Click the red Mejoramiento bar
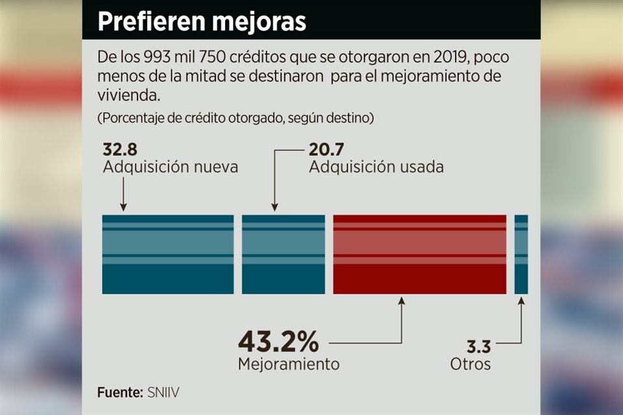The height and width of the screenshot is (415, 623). click(419, 254)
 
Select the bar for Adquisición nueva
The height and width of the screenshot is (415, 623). click(167, 254)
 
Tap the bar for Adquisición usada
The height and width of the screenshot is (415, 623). click(283, 254)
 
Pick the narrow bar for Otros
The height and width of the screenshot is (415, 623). click(521, 254)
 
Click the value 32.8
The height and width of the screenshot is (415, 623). click(120, 150)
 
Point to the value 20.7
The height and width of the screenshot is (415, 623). click(326, 150)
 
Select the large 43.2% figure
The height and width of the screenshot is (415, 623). click(278, 340)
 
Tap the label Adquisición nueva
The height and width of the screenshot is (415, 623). click(171, 167)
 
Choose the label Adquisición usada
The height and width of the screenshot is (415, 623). click(376, 167)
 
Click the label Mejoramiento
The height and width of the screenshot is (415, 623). click(288, 364)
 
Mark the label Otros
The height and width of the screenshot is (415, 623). click(470, 364)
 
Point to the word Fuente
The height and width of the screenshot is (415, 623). click(119, 392)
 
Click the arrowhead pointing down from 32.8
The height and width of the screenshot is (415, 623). click(123, 207)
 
